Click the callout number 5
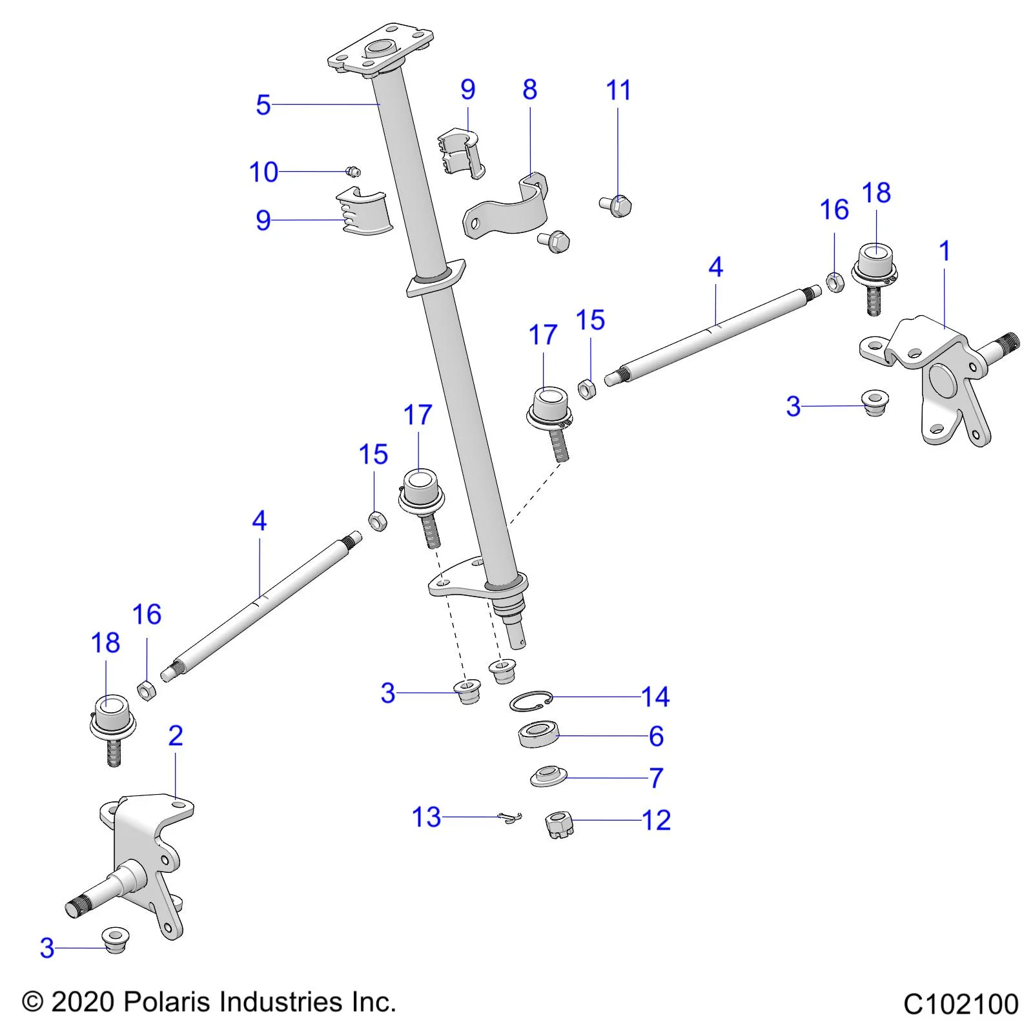click(263, 105)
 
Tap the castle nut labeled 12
click(559, 824)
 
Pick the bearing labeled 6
click(538, 735)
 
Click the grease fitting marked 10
click(353, 171)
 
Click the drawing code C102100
click(960, 1005)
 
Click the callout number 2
click(176, 735)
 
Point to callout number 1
click(945, 251)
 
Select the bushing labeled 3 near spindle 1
click(875, 402)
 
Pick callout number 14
click(655, 697)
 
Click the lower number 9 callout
click(263, 221)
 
